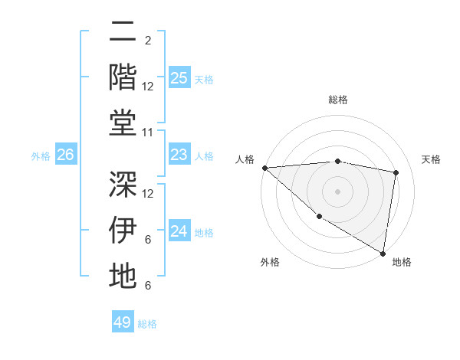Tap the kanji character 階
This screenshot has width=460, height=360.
tap(123, 78)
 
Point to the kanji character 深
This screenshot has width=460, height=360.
tap(123, 184)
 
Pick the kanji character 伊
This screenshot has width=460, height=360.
tap(123, 231)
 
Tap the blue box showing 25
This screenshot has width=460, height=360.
tap(179, 78)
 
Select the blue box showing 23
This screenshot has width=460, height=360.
tap(179, 155)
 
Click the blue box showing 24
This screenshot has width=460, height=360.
tap(179, 232)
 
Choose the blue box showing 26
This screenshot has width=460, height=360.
tap(65, 155)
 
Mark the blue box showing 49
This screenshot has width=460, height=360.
tap(123, 322)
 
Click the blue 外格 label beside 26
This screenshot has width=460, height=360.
tap(41, 156)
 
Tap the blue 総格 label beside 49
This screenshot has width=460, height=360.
tap(147, 323)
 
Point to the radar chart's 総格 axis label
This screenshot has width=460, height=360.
tap(337, 100)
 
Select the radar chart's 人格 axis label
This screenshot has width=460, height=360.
tap(246, 159)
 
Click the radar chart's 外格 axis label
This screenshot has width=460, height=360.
tap(270, 262)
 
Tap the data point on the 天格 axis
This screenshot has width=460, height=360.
tap(396, 172)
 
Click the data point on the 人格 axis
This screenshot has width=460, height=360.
tap(264, 168)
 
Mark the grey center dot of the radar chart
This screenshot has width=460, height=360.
tap(337, 191)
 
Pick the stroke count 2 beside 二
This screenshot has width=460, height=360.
tap(147, 40)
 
